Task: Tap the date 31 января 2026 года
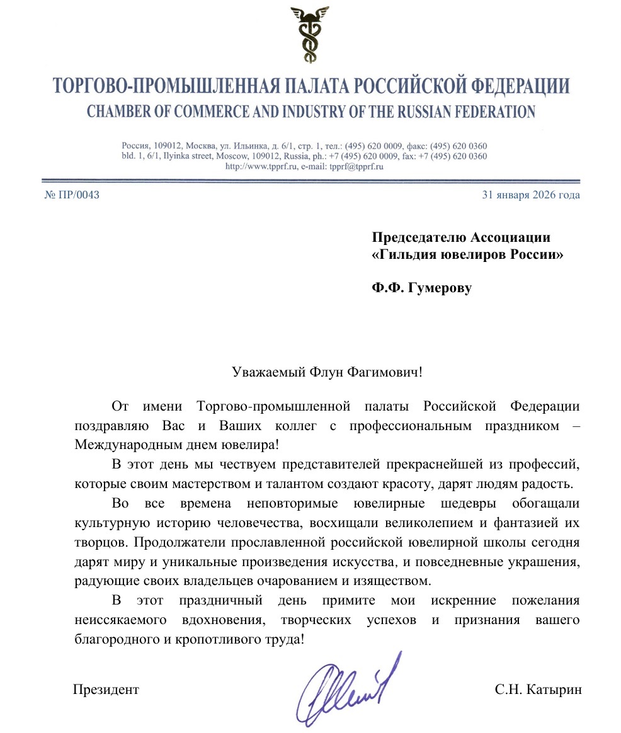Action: coord(530,195)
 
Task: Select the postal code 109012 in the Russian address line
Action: coord(168,145)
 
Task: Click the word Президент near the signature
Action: coord(106,690)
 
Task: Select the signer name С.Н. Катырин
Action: coord(538,690)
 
